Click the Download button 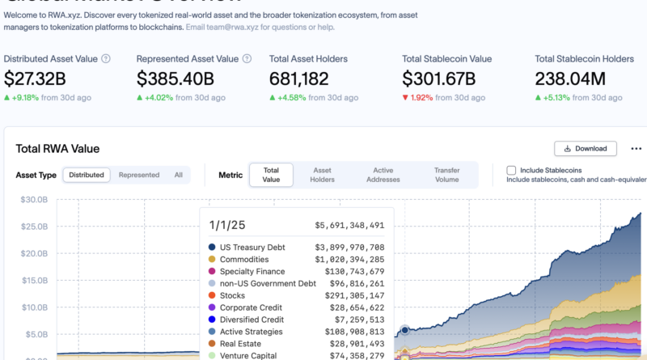[x=586, y=149]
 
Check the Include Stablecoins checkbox [x=511, y=171]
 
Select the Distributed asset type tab [x=87, y=175]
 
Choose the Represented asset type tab [x=139, y=175]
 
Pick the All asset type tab [x=178, y=175]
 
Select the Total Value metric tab [x=271, y=175]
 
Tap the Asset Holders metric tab [x=323, y=175]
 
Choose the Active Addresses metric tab [x=383, y=175]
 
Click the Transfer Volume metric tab [x=446, y=175]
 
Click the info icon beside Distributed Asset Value [x=106, y=58]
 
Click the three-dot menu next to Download [x=636, y=149]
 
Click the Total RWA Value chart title [x=58, y=149]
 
